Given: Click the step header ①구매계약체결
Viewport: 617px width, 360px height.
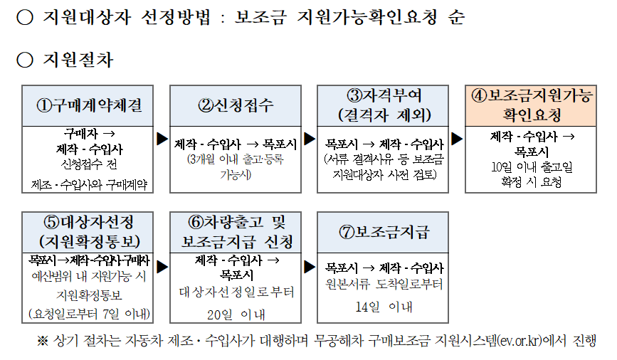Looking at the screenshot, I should coord(89,106).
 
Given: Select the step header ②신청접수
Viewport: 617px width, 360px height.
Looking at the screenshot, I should coord(236,106).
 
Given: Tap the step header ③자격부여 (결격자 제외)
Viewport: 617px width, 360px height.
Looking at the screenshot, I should coord(384,106).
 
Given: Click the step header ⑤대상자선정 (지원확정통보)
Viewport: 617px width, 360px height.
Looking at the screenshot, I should coord(89,232).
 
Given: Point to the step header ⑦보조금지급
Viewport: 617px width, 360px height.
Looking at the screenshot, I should coord(384,232).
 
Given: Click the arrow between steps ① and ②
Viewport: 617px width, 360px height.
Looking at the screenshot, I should coord(162,138).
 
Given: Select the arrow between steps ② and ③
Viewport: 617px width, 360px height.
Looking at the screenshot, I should coord(310,138).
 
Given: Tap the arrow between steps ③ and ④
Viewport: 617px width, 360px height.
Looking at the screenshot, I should coord(457,138).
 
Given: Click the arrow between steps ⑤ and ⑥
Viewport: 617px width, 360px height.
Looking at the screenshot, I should coord(162,266).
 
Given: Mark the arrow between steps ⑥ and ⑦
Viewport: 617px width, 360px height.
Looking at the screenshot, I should coord(310,266).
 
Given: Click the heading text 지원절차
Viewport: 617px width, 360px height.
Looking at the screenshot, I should coord(78,60).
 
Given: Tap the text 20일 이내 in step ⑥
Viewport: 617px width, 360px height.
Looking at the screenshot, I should coord(236,314).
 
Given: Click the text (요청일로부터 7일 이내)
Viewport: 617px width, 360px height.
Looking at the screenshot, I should coord(89,314).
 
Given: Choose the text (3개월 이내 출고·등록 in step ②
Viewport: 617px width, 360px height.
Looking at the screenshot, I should coord(236,159).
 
